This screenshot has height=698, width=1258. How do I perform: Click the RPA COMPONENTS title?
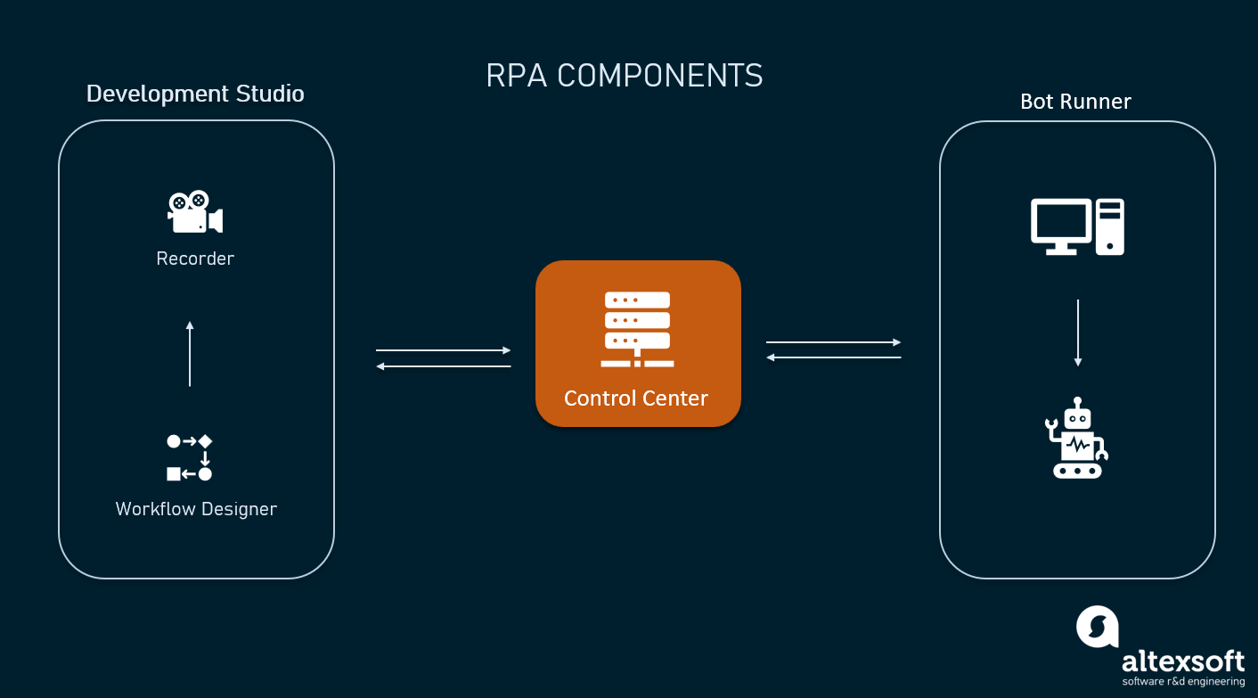(625, 76)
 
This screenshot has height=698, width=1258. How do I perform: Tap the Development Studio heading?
(195, 94)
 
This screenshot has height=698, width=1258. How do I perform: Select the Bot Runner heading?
(1075, 102)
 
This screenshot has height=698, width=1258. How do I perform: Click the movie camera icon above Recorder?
(194, 212)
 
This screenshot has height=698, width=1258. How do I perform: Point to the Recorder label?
(195, 259)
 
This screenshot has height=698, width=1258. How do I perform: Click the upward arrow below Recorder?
(190, 353)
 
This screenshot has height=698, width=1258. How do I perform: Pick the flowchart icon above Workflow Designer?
(190, 457)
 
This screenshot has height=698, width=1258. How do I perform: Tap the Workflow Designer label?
(196, 509)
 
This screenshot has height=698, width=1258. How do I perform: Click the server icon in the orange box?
(637, 329)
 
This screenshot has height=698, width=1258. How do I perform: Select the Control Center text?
(636, 398)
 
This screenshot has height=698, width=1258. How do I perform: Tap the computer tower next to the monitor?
(1110, 226)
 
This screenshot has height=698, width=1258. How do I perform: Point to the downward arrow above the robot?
(1078, 333)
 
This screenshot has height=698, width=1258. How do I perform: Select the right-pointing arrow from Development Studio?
(443, 350)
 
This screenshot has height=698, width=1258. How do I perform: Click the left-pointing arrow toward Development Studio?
(443, 366)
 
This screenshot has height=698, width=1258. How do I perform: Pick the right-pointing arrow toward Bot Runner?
(833, 342)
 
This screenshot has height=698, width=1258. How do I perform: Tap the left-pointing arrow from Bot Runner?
(833, 357)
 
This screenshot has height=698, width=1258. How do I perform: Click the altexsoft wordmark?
(1182, 661)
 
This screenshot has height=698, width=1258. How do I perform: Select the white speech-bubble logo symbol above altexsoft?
(1097, 626)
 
